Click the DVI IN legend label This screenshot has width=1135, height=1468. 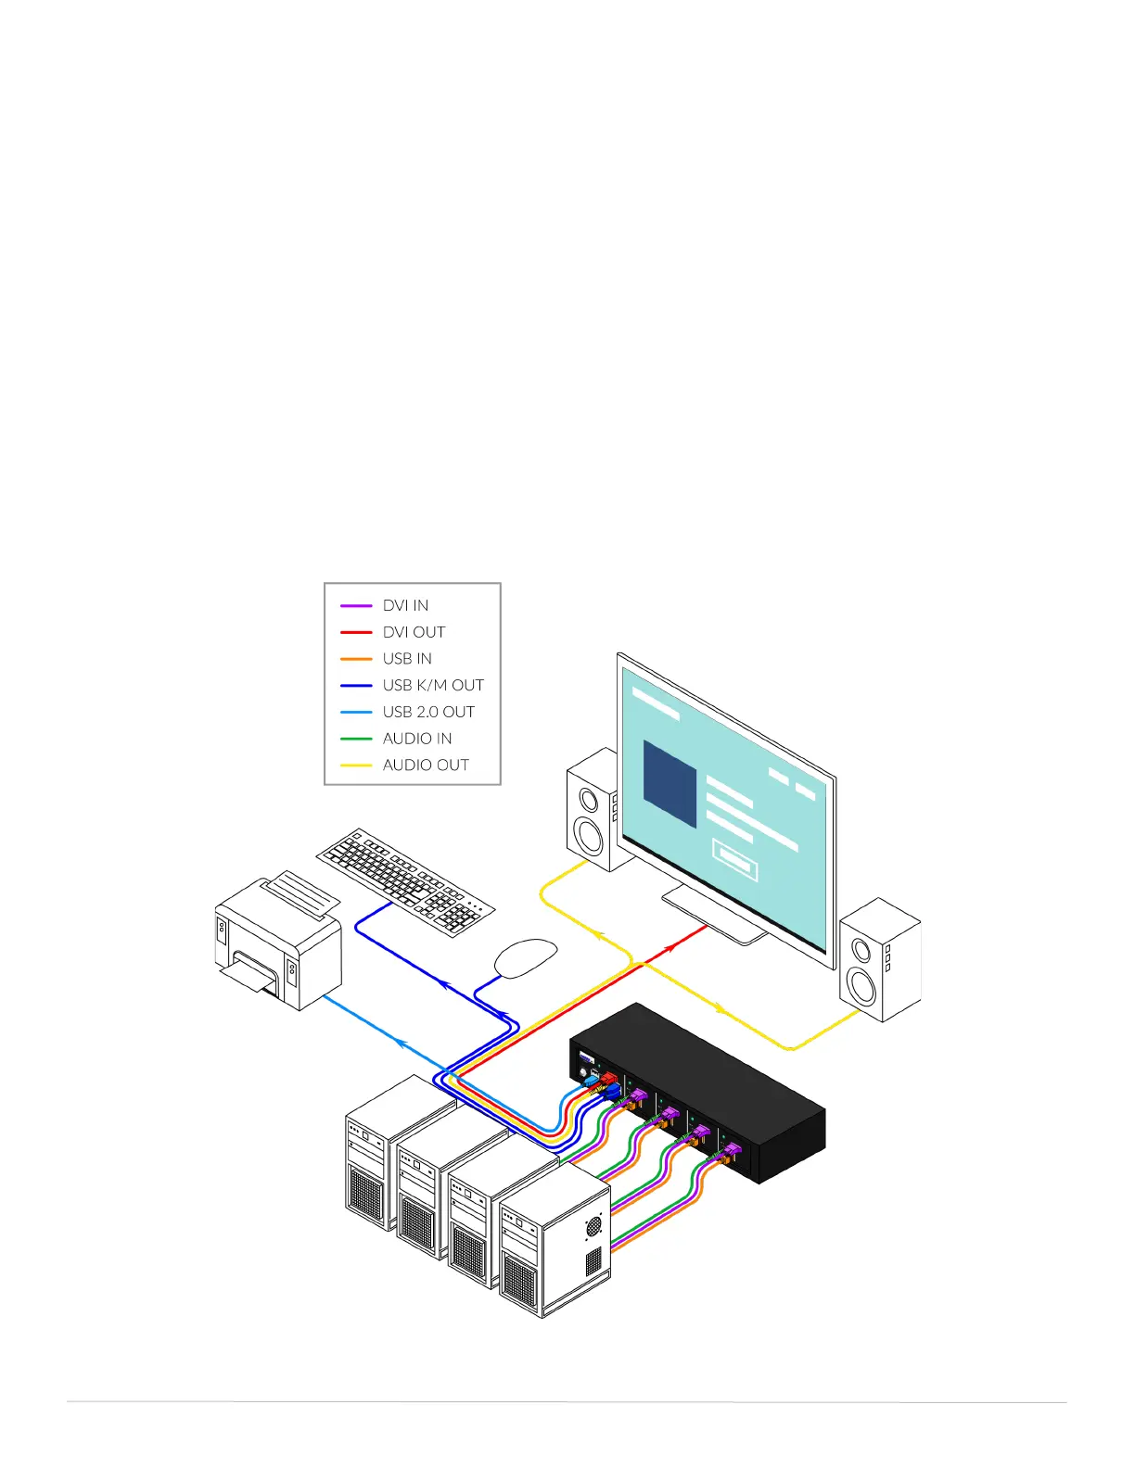[405, 605]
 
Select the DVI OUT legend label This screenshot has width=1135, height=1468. [414, 632]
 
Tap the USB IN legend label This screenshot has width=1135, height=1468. [407, 659]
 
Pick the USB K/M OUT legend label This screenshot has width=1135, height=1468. [433, 685]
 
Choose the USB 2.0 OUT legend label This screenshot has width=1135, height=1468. [428, 712]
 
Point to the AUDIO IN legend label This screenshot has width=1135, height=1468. [417, 739]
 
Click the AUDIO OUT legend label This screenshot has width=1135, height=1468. [426, 765]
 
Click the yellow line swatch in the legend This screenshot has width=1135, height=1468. [356, 766]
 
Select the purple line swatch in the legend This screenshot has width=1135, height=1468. [356, 606]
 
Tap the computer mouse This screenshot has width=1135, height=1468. [526, 956]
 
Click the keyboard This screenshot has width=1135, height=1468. [405, 881]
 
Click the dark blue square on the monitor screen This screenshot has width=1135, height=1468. [670, 784]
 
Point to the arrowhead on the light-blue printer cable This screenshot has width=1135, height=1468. [402, 1043]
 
